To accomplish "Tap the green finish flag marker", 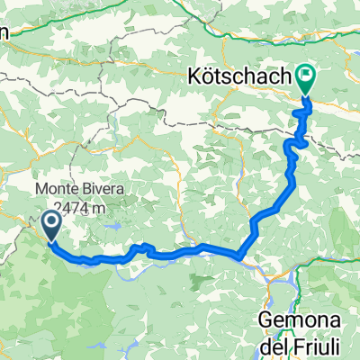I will (307, 81).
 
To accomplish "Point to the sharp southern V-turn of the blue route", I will (240, 257).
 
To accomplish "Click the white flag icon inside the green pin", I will (307, 78).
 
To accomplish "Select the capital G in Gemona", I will (267, 320).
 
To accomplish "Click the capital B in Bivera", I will (98, 189).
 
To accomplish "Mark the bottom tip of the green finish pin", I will (307, 94).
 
